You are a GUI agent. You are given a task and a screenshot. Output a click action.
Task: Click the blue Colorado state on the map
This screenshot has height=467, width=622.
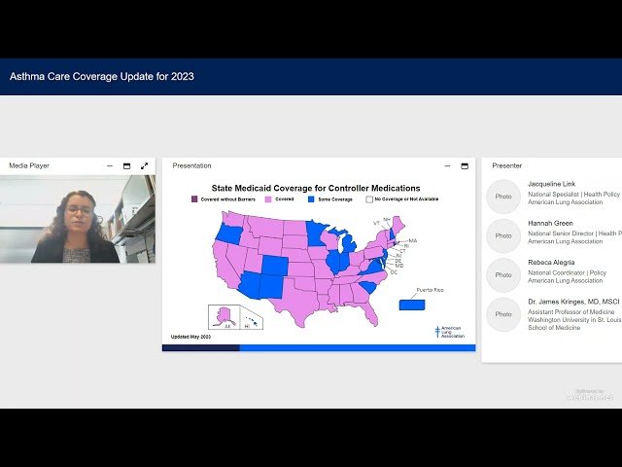[275, 266]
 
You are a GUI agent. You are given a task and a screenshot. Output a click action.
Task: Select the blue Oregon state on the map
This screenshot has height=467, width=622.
[229, 234]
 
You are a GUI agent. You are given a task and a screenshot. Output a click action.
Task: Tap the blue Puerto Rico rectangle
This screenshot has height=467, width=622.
[411, 305]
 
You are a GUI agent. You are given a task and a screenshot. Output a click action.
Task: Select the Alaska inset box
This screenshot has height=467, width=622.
[224, 317]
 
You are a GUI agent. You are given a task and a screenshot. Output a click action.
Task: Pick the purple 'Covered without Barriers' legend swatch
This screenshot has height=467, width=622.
[194, 198]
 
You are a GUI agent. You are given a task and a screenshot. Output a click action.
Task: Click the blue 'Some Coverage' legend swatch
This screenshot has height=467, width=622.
[311, 198]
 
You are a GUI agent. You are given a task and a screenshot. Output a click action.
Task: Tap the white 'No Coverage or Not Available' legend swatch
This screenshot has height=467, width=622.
[369, 198]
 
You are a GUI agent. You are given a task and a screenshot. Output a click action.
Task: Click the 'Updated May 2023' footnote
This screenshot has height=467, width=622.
[190, 337]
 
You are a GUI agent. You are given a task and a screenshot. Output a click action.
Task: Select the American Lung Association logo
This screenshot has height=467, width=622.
[449, 331]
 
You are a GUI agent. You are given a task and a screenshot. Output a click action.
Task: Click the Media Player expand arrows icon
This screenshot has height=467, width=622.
[145, 166]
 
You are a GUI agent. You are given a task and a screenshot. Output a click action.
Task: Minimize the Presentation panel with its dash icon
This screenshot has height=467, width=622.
[446, 166]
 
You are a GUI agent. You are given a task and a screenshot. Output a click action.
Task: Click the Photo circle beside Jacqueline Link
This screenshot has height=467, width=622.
[503, 196]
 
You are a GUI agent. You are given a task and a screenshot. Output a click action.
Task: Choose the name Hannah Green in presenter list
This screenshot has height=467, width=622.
[550, 223]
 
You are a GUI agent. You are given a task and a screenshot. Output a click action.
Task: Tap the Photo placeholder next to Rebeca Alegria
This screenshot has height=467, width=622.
[503, 275]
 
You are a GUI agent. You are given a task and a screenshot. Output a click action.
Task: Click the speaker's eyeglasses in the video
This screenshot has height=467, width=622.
[79, 209]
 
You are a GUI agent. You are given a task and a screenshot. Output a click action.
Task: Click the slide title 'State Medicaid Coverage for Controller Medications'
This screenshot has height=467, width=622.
[316, 188]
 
